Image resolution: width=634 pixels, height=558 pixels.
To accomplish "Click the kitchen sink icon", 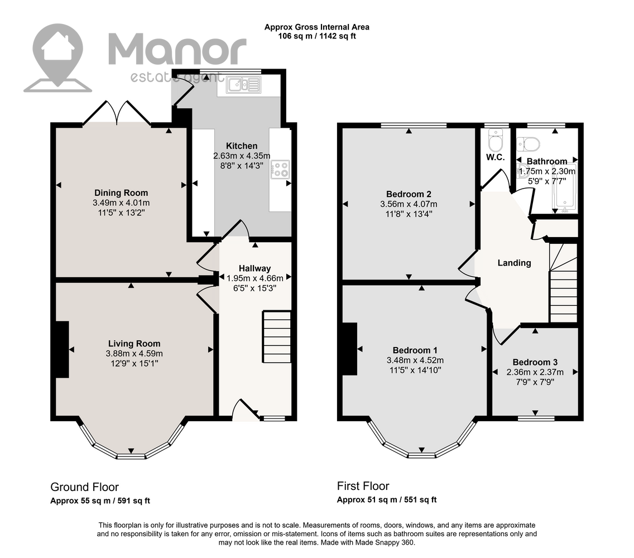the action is coord(244,85).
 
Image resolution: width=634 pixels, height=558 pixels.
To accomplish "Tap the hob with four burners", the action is coord(280,170).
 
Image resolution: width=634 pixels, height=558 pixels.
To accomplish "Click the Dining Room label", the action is coord(121,193).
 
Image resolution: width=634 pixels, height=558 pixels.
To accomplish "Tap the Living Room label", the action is coord(135,344).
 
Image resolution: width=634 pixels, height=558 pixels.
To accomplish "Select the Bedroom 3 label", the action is coord(535,362).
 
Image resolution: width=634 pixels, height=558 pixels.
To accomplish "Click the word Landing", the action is coord(514,263).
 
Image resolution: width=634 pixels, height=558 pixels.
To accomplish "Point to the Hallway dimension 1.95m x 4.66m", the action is coord(254,278).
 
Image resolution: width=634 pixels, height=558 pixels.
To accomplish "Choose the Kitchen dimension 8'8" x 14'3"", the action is coord(242,165).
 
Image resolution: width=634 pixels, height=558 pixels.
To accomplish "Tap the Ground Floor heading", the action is coord(84,487).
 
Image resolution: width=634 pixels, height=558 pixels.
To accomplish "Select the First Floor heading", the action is coord(363,485).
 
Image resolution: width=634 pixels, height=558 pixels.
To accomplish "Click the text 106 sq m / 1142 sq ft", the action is coord(317,36).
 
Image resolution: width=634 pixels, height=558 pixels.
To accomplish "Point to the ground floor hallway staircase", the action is coord(277,336).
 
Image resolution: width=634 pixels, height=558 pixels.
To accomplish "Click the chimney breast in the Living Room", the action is coord(63,349).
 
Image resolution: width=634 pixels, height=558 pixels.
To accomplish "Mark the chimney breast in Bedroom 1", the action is coord(350,349).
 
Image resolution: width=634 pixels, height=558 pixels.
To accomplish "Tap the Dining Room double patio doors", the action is coord(117,112).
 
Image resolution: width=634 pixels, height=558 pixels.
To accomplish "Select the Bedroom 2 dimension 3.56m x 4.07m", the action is coord(409,204).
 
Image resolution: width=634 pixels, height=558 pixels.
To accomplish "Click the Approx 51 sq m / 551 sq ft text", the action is coord(387,500).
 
